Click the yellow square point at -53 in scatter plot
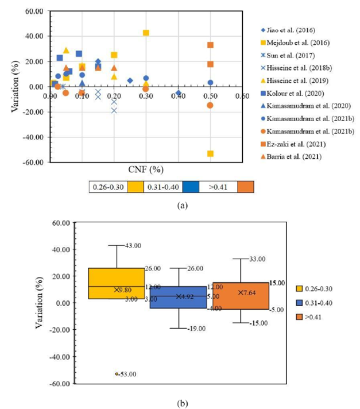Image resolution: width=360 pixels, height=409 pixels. (210, 153)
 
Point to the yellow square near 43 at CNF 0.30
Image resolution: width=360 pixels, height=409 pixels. (146, 33)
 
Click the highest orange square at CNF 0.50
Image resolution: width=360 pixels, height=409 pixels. (210, 45)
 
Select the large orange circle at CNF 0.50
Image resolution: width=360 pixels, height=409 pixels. (210, 105)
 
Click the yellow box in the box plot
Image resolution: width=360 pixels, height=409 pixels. (116, 283)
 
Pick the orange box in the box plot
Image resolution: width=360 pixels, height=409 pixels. (241, 296)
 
